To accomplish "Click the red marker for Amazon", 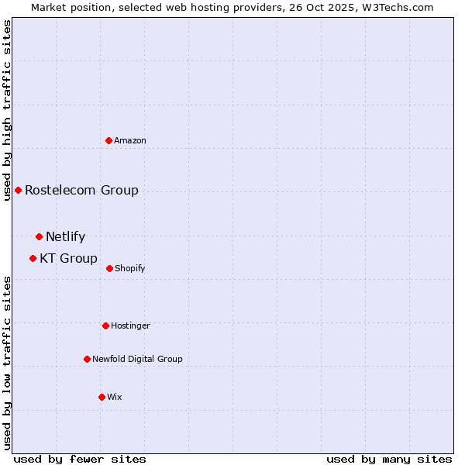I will (109, 140).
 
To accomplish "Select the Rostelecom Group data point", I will (18, 190).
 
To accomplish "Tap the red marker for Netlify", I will (39, 236).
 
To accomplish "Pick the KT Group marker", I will (33, 258).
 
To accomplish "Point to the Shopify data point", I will (109, 268).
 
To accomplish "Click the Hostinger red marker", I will (105, 325).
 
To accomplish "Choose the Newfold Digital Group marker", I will (87, 359).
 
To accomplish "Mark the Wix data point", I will (102, 397).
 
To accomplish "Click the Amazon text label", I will (130, 141).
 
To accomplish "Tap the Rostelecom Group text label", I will (81, 191).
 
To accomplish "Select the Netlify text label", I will (65, 237).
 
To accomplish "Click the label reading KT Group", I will (68, 259).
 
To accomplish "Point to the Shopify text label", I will (130, 269).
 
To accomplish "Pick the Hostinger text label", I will (130, 326).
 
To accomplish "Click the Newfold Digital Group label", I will (137, 360).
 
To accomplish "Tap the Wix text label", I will (115, 398).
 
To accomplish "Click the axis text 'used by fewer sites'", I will (80, 459).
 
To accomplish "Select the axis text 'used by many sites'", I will (389, 459).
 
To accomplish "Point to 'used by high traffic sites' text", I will (7, 110).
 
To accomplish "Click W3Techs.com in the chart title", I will (394, 7).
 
